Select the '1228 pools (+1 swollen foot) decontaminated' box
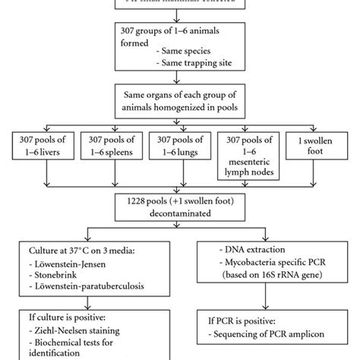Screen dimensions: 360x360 179,210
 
